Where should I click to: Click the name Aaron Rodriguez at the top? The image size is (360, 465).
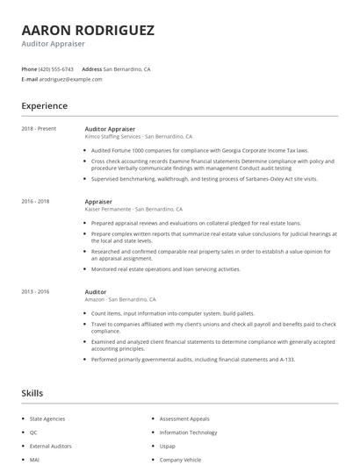click(88, 29)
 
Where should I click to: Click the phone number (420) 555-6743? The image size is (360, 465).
click(57, 68)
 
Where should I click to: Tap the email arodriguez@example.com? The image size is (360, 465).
click(71, 79)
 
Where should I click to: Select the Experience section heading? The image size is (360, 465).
click(45, 106)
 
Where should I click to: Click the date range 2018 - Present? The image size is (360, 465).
click(39, 129)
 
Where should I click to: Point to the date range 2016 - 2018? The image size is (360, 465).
click(37, 201)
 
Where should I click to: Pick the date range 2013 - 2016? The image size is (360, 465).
click(37, 291)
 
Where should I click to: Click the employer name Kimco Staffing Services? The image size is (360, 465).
click(112, 137)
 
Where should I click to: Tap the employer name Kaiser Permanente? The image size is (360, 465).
click(108, 210)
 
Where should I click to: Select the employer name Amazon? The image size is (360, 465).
click(94, 299)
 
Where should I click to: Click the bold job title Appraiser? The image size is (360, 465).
click(98, 201)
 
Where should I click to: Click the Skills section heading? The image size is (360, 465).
click(32, 393)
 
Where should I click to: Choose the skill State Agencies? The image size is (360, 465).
click(48, 419)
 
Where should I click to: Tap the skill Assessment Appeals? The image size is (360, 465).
click(185, 419)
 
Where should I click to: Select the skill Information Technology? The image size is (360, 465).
click(189, 432)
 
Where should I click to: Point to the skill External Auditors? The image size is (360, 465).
click(51, 446)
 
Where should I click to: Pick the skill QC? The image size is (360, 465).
click(33, 433)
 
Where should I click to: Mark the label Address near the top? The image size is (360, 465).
click(91, 68)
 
